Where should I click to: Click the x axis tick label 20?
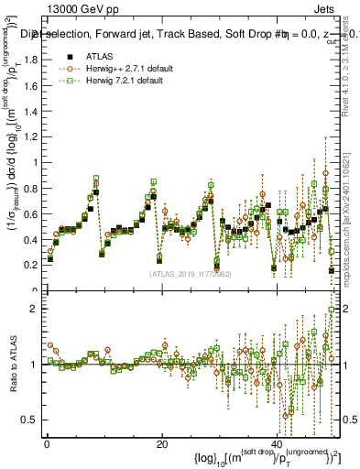[x=161, y=444]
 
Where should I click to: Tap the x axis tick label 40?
[x=277, y=444]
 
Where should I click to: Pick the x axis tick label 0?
[x=46, y=444]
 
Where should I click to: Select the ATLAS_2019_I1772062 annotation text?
[x=191, y=273]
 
